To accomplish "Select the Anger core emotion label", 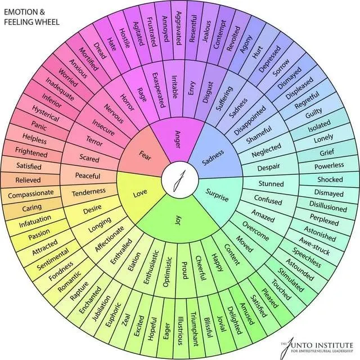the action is (178, 139).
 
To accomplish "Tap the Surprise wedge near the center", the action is (217, 195).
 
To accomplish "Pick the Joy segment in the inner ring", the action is (178, 220).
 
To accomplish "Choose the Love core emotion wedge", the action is (140, 193).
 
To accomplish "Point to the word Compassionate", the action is (31, 194).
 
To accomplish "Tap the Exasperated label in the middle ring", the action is (159, 90).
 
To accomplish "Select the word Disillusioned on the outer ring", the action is (328, 206).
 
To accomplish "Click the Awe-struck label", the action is (314, 246).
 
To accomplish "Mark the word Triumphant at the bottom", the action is (194, 328).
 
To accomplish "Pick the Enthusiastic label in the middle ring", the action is (151, 267).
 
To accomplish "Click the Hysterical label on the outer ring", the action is (46, 114).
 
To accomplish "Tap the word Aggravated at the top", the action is (178, 28).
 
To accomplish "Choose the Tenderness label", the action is (89, 192).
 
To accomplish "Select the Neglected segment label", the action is (266, 150).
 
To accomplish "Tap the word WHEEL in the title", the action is (45, 22).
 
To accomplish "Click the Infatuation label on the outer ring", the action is (35, 221).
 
